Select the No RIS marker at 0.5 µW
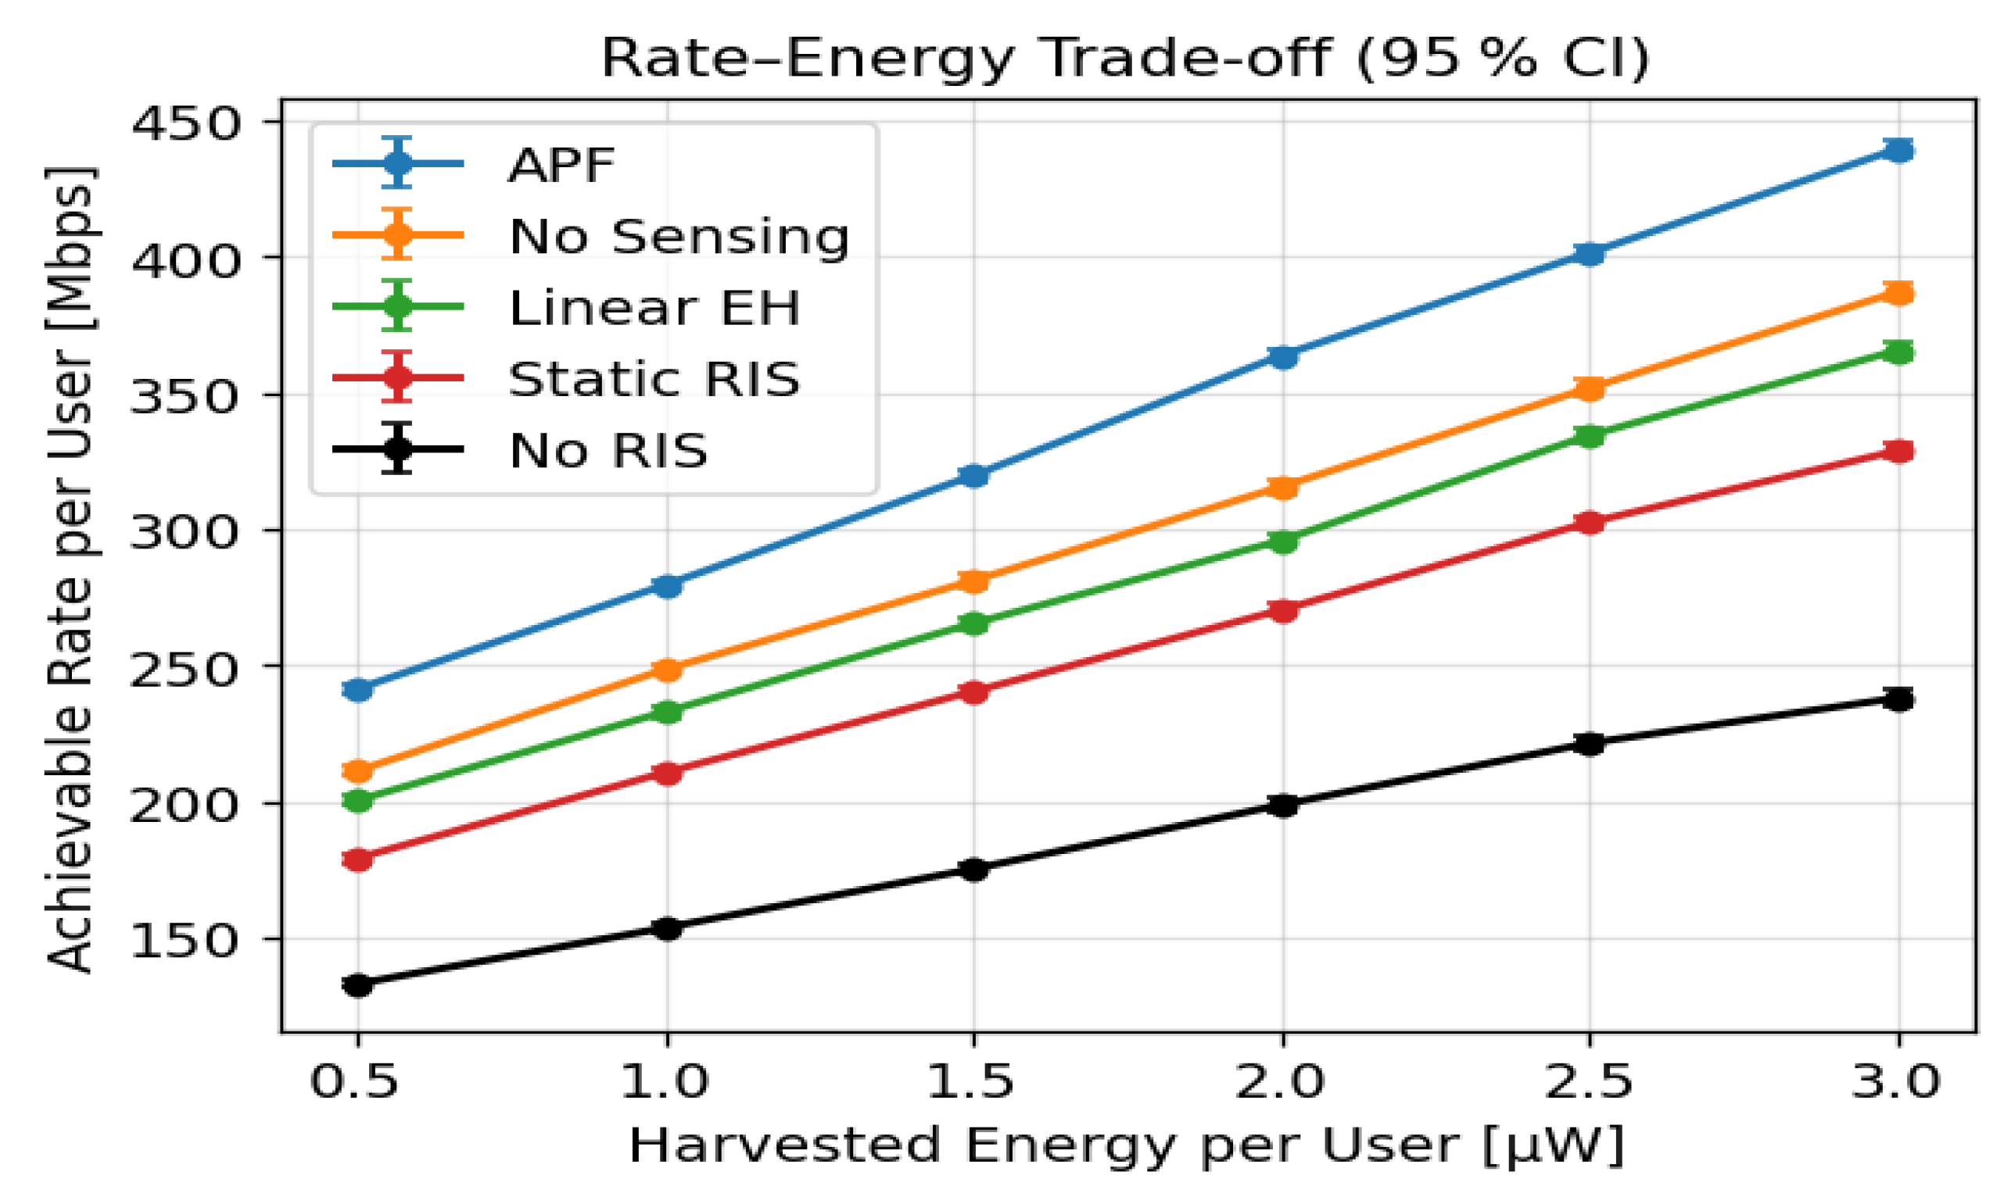coord(357,984)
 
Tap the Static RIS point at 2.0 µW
coord(1283,610)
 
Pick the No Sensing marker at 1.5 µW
coord(974,581)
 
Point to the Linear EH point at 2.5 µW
coord(1590,436)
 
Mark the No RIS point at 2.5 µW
coord(1590,744)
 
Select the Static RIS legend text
coord(654,378)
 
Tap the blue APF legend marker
coord(397,164)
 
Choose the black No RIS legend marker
coord(397,448)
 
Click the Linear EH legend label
coord(654,307)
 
